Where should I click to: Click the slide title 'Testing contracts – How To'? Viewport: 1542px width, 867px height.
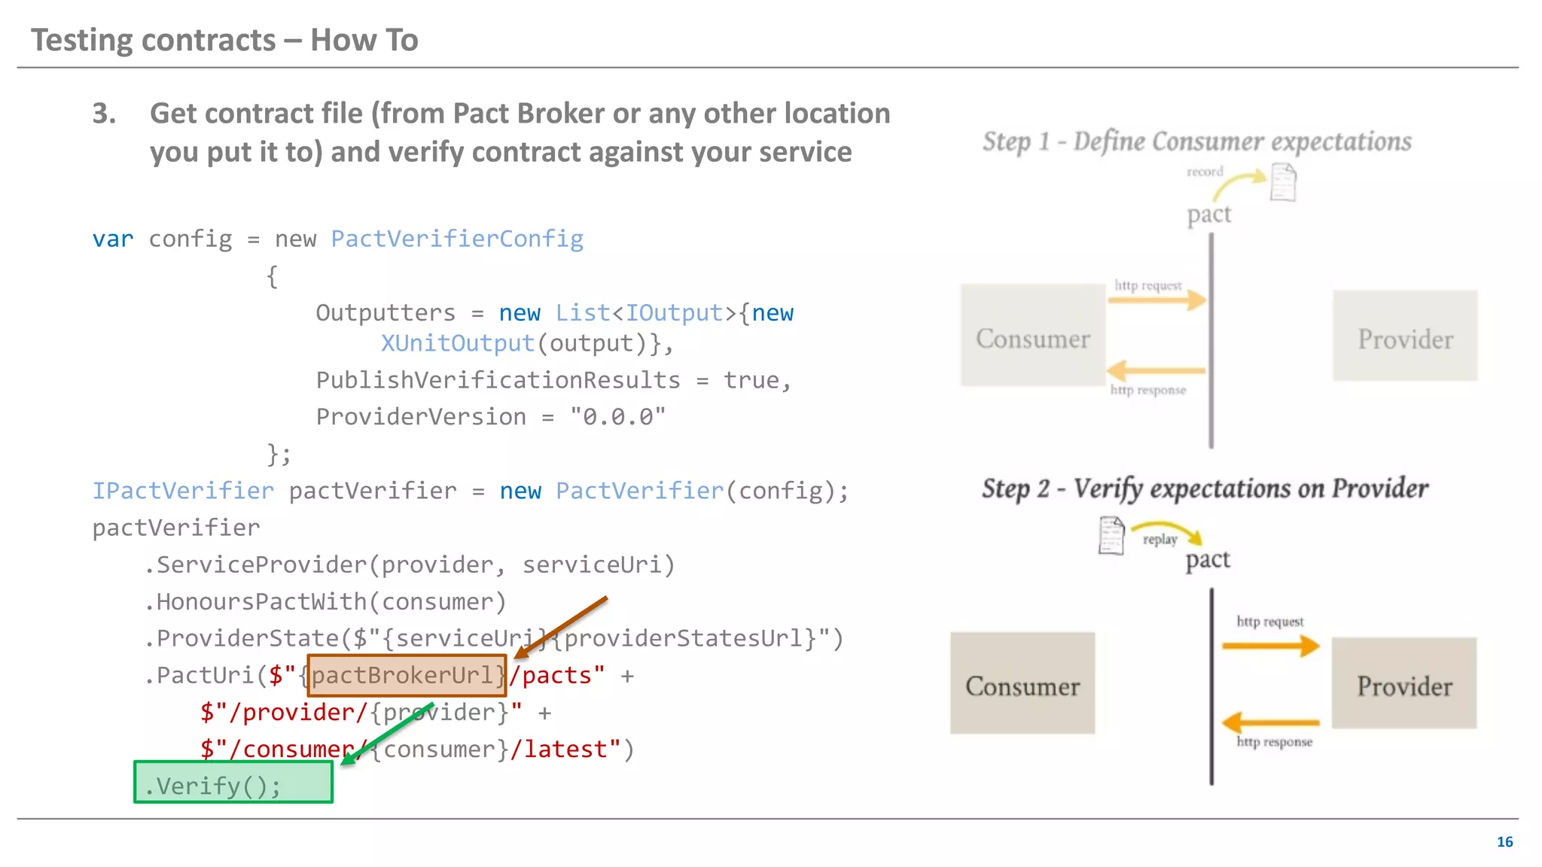tap(224, 40)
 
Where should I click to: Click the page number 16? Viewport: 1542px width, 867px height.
tap(1504, 841)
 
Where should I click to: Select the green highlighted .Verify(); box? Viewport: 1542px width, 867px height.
tap(233, 783)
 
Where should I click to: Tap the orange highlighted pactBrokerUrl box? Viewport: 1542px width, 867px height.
tap(407, 675)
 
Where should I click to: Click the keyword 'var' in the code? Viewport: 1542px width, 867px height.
tap(113, 239)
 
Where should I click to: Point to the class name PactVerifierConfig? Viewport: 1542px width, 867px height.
tap(457, 239)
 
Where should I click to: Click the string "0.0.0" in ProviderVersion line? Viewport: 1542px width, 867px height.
tap(617, 417)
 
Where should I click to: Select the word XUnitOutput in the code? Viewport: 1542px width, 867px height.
tap(457, 343)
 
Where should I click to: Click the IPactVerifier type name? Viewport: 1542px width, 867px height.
tap(183, 491)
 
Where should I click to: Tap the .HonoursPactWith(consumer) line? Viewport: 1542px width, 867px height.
tap(325, 602)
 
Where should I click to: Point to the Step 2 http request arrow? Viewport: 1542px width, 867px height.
tap(1271, 646)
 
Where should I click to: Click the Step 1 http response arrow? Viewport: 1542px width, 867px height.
tap(1156, 370)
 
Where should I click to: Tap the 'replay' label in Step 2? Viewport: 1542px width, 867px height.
tap(1160, 540)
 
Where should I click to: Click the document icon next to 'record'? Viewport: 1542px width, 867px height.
tap(1283, 183)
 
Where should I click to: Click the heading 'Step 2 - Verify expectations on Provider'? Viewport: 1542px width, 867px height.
tap(1205, 489)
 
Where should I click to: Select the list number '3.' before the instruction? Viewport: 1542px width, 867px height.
tap(105, 114)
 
